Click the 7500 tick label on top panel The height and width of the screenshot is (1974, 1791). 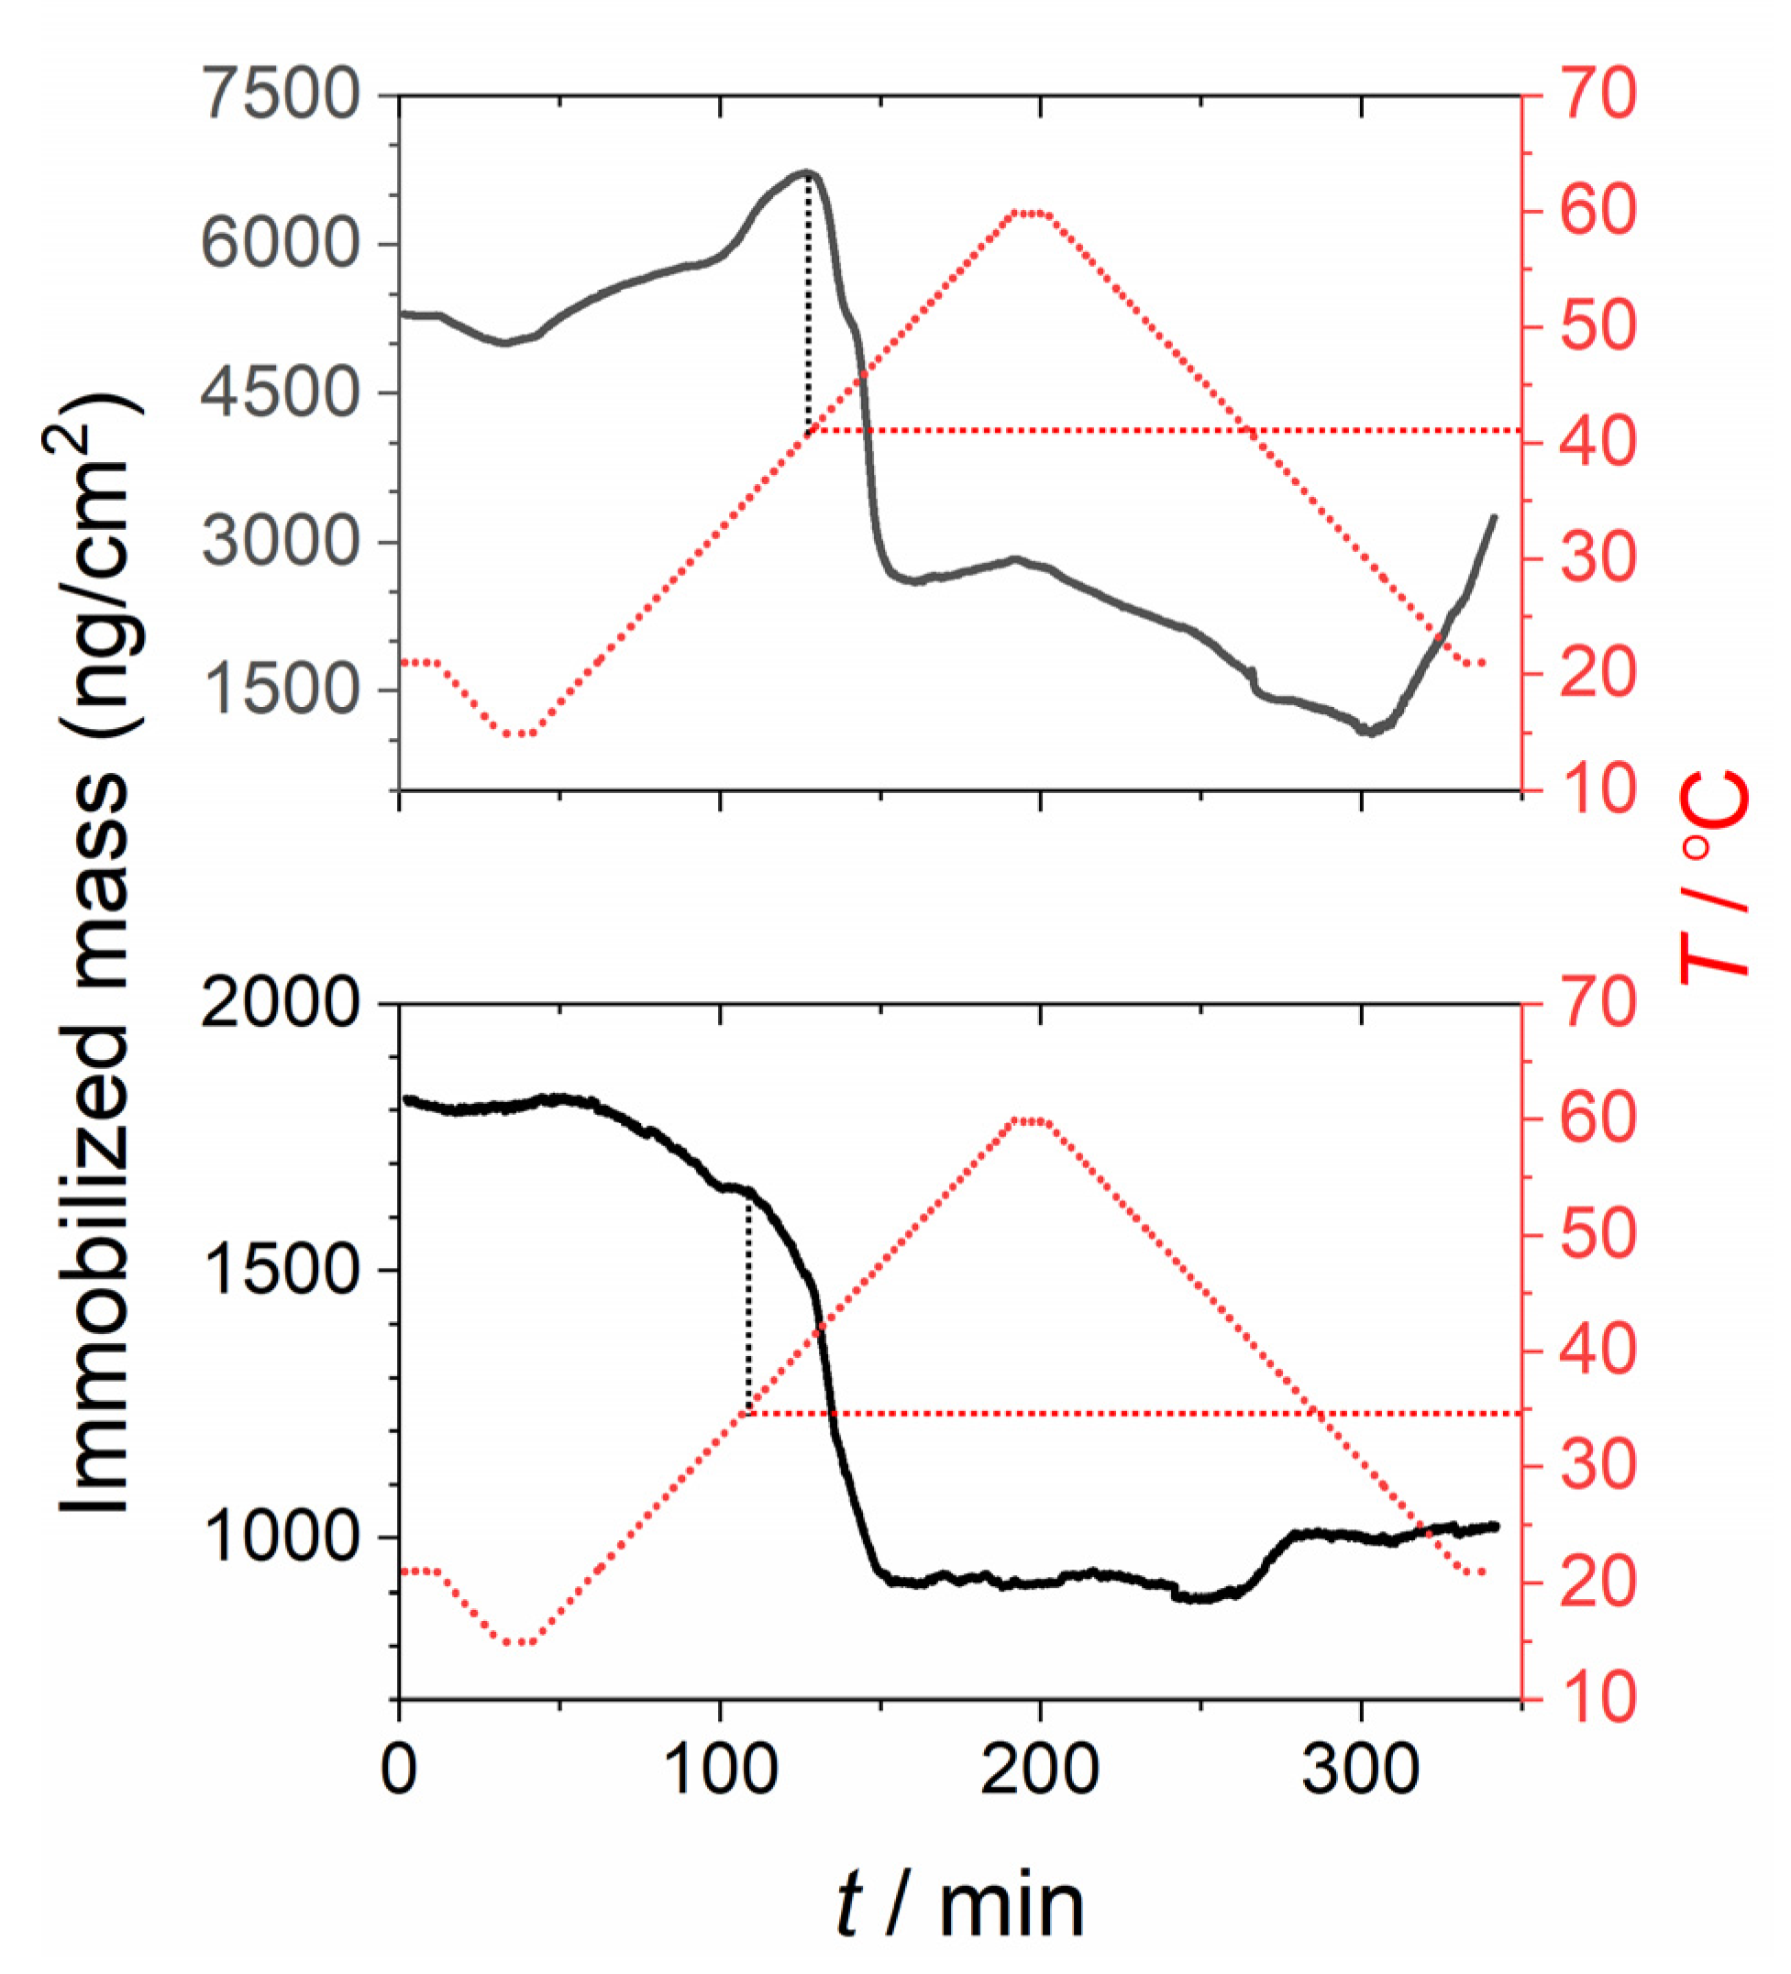[280, 95]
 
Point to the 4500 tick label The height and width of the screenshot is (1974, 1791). [280, 392]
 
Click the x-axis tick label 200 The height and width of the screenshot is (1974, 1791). [1039, 1770]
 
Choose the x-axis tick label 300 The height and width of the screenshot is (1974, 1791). [1360, 1770]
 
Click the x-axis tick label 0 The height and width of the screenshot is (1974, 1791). [399, 1770]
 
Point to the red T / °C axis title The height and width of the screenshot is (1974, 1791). [1714, 877]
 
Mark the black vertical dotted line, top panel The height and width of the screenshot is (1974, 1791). [808, 303]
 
